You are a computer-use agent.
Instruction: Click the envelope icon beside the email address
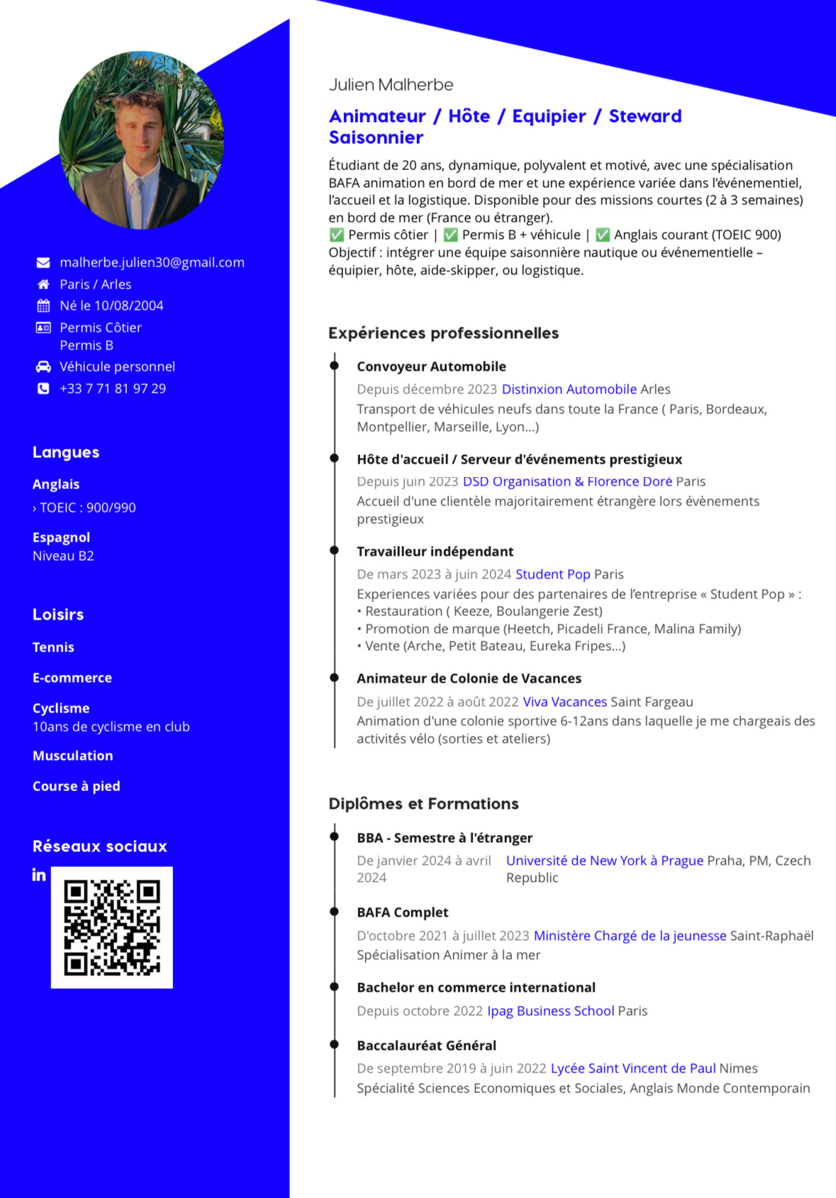click(43, 263)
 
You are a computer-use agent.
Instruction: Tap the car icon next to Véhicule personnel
click(43, 366)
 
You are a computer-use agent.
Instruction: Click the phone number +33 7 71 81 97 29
click(113, 388)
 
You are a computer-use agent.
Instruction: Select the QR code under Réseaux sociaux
click(112, 927)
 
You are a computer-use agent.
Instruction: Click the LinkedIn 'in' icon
click(39, 875)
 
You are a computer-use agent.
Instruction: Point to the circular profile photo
click(141, 140)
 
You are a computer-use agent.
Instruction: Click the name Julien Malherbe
click(391, 85)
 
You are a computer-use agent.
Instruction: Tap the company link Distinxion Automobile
click(569, 389)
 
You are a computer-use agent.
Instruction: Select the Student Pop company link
click(552, 574)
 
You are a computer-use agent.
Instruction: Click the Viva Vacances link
click(564, 702)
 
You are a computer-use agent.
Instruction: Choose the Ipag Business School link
click(550, 1011)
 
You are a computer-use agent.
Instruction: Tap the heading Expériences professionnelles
click(443, 333)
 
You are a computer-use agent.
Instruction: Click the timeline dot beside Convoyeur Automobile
click(334, 366)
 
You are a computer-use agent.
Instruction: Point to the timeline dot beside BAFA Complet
click(334, 912)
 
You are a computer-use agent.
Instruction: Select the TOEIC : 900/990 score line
click(84, 508)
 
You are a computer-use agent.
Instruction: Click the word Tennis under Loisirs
click(53, 647)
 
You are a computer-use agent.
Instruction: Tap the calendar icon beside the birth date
click(43, 306)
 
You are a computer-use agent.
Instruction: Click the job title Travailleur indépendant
click(435, 552)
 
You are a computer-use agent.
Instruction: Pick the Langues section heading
click(66, 452)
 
